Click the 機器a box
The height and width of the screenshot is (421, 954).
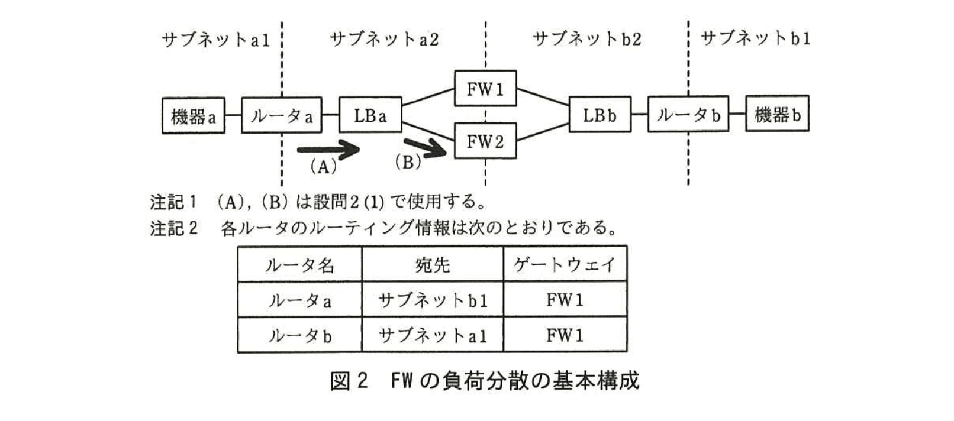click(193, 116)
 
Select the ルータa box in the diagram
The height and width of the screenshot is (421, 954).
click(281, 116)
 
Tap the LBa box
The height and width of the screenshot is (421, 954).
click(370, 115)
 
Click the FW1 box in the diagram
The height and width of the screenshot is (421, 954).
click(485, 89)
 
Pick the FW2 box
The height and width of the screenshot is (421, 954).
click(485, 141)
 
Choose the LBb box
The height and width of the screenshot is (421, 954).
click(600, 115)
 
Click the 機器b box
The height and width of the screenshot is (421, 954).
click(776, 114)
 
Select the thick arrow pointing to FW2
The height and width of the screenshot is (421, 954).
click(425, 148)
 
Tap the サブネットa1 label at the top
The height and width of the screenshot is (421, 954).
click(215, 40)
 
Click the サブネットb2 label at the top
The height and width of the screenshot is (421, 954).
click(586, 39)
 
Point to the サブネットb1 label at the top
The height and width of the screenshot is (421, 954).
click(755, 38)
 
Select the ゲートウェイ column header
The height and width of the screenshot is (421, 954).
click(565, 264)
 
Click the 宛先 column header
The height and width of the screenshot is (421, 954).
click(433, 265)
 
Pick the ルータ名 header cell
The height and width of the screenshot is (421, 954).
click(299, 265)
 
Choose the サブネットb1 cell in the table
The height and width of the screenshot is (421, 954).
click(433, 300)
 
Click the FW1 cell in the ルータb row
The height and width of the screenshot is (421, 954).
click(565, 336)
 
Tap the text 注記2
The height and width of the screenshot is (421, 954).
click(173, 228)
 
